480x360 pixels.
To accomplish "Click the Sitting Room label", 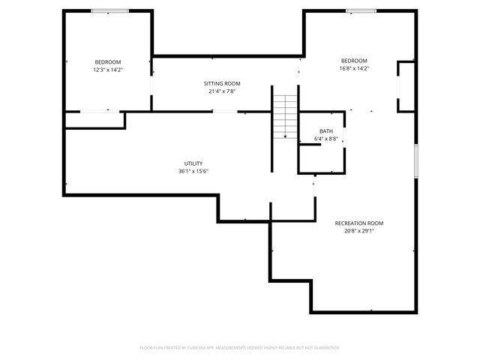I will pos(222,83).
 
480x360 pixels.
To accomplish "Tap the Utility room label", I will pos(193,163).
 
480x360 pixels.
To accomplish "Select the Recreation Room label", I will pos(358,223).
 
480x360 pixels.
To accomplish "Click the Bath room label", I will pos(325,131).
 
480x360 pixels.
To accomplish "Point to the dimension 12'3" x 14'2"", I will pos(107,69).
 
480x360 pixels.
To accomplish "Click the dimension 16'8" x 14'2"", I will pos(354,68).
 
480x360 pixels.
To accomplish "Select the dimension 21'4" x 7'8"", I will pos(222,91).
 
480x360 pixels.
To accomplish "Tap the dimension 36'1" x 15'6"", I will pos(193,171).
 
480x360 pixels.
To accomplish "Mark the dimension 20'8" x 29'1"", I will pos(358,231).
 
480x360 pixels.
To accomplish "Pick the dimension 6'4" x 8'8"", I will pos(325,139).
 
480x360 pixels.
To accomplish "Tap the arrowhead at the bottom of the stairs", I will pos(285,137).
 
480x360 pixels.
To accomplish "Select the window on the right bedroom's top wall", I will pos(360,10).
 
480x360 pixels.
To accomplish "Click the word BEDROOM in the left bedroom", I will pos(107,61).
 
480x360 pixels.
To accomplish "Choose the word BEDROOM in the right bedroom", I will pos(354,61).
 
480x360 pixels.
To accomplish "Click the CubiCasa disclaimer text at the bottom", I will pos(240,347).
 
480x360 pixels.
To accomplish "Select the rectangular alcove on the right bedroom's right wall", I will pos(406,87).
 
